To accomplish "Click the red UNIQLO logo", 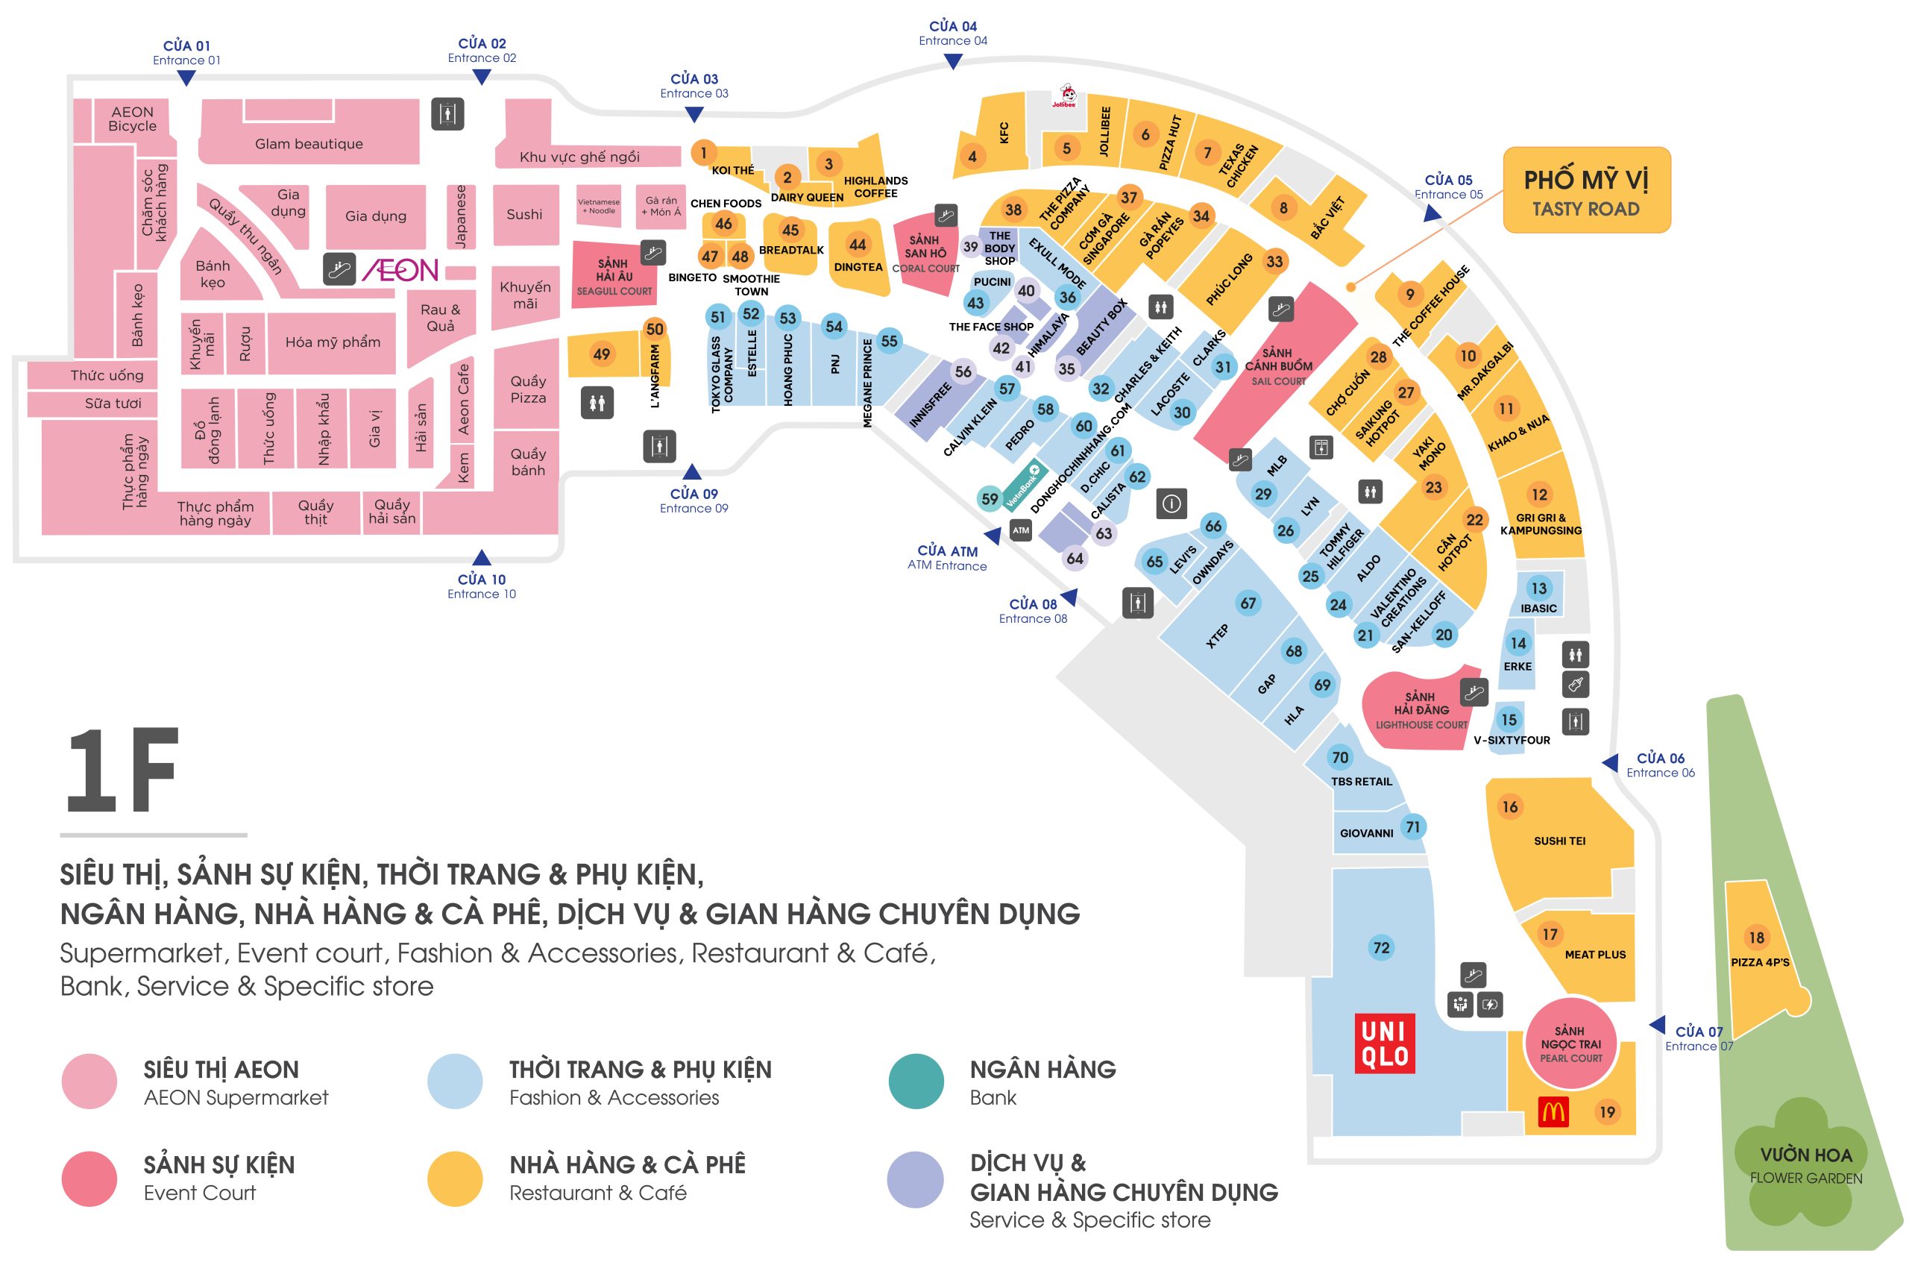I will coord(1384,1043).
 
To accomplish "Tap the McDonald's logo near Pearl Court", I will coord(1553,1113).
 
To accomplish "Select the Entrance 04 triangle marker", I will coord(953,61).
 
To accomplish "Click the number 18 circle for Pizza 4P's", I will coord(1756,938).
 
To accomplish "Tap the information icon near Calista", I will coord(1171,503).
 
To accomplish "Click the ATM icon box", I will coord(1021,530).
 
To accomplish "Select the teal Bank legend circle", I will coord(915,1082).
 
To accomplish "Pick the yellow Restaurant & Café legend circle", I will coord(454,1178).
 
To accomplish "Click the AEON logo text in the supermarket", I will coord(400,270).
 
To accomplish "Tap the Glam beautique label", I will coord(309,144).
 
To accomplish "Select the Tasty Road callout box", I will coord(1585,190).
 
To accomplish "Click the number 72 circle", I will coord(1381,947).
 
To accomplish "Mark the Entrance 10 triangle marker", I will coord(482,557).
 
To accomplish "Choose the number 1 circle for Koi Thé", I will coord(703,152).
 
